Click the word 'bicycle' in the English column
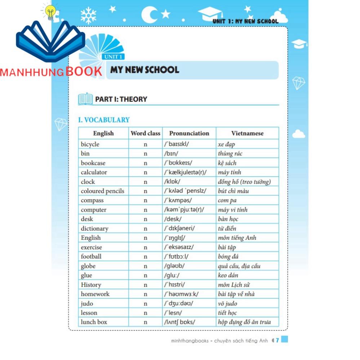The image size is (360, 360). [x=90, y=145]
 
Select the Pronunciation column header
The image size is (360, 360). [x=189, y=133]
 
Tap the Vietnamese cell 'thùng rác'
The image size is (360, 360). [x=230, y=154]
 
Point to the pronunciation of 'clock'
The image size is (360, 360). [x=172, y=182]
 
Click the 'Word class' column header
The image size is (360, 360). [x=145, y=133]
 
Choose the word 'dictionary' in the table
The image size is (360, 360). [x=94, y=229]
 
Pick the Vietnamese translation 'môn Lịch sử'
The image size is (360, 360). [x=234, y=285]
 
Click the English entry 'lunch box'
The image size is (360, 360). [x=94, y=322]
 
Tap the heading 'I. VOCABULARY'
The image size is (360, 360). [x=104, y=120]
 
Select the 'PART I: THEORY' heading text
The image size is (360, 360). [x=121, y=99]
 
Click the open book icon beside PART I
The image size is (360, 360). [x=85, y=99]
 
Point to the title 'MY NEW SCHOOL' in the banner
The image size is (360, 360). [x=145, y=70]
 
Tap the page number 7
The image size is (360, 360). [x=278, y=340]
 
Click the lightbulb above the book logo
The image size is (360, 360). [x=49, y=12]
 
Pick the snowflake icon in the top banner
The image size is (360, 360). [x=88, y=16]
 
